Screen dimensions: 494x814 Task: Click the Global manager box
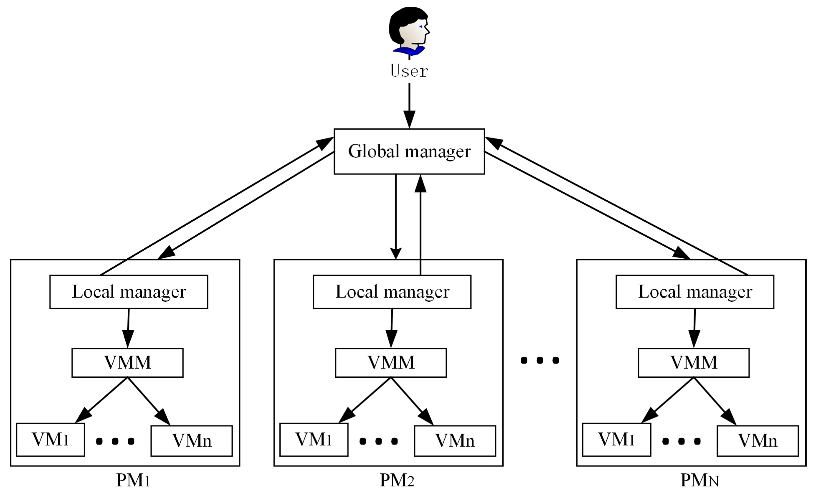click(409, 151)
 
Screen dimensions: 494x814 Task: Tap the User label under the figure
click(409, 71)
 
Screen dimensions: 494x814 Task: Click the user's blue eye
click(421, 27)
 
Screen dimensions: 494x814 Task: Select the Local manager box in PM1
click(129, 292)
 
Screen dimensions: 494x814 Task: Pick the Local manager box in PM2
click(392, 292)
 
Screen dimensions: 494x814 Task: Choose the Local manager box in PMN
click(695, 292)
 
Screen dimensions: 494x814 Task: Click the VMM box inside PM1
click(128, 362)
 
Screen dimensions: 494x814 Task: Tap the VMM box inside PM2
click(391, 362)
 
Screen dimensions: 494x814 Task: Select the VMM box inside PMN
click(694, 362)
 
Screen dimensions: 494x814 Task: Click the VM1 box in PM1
click(50, 440)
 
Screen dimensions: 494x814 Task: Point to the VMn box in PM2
click(455, 441)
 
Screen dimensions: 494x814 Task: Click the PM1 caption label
click(133, 480)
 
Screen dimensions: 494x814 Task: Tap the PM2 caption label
click(397, 480)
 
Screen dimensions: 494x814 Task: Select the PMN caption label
click(699, 480)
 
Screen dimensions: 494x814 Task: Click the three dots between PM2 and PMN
click(540, 360)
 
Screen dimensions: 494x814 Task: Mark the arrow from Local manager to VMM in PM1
click(128, 327)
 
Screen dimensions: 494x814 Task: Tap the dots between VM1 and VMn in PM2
click(379, 441)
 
